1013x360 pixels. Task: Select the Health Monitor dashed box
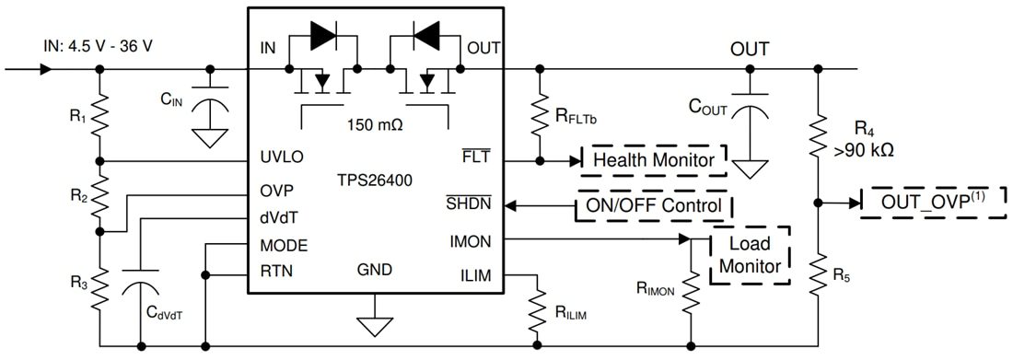654,160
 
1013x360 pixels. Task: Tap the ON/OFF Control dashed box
654,205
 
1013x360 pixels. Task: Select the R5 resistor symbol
818,273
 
